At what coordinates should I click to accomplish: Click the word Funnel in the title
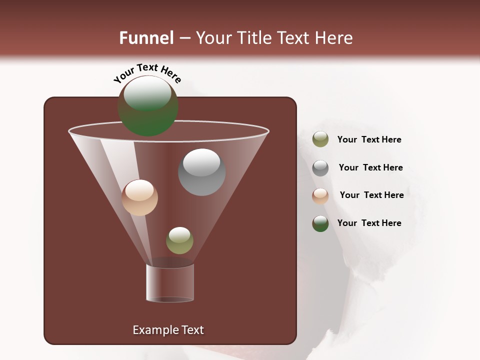pos(146,38)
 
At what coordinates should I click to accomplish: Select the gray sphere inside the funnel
pos(201,172)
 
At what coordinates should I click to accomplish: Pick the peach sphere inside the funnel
pos(139,197)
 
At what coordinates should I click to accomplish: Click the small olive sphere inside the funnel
pos(179,240)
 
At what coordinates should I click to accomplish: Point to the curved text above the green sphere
pos(147,73)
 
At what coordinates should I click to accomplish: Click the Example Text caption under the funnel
pos(168,330)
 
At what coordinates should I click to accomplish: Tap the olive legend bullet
pos(320,139)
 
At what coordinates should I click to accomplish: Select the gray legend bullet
pos(320,168)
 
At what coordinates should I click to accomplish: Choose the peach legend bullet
pos(320,196)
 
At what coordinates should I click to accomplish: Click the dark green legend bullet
pos(320,223)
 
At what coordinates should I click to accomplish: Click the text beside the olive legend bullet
pos(369,139)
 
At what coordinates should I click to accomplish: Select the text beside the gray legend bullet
pos(370,167)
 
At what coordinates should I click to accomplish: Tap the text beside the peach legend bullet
pos(371,195)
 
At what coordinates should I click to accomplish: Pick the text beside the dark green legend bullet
pos(369,223)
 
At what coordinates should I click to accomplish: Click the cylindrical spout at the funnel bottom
pos(170,283)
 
